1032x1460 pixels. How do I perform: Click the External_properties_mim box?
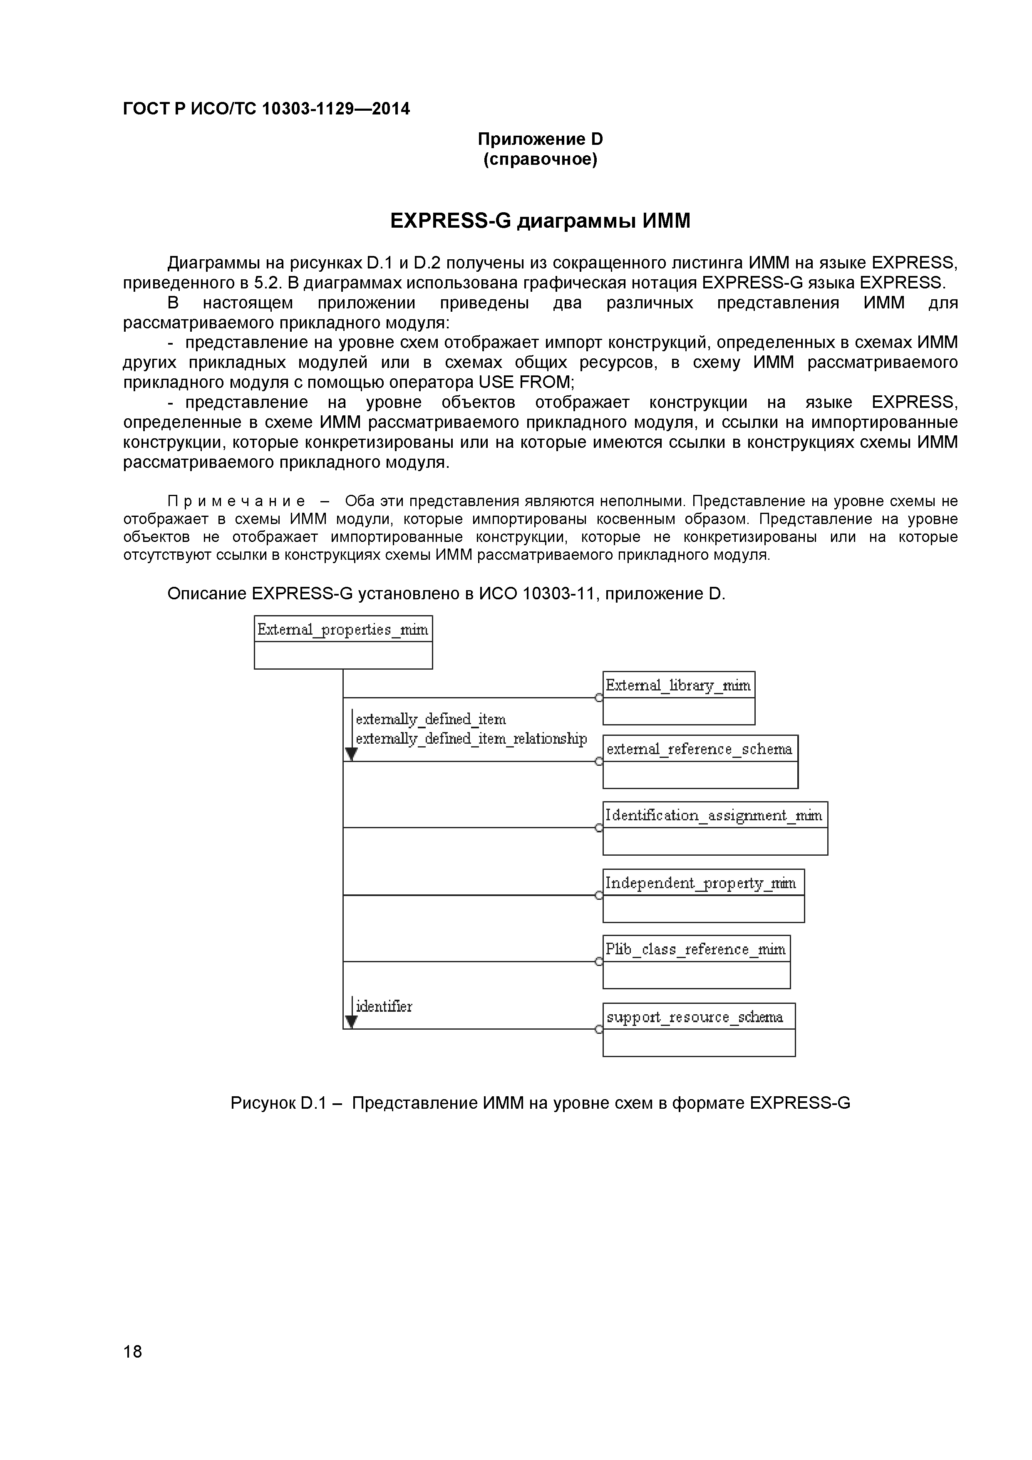pos(343,642)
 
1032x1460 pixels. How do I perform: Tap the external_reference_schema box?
pos(700,762)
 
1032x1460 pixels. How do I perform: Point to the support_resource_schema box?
pos(698,1030)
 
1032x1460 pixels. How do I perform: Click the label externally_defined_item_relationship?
pos(471,739)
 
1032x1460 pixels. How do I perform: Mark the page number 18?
pos(132,1369)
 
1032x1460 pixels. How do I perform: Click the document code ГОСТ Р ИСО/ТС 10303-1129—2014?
pos(266,109)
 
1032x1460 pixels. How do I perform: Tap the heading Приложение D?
pos(540,139)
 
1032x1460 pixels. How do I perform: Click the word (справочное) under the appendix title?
pos(540,159)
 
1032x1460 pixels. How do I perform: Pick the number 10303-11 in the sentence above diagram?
pos(560,593)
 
